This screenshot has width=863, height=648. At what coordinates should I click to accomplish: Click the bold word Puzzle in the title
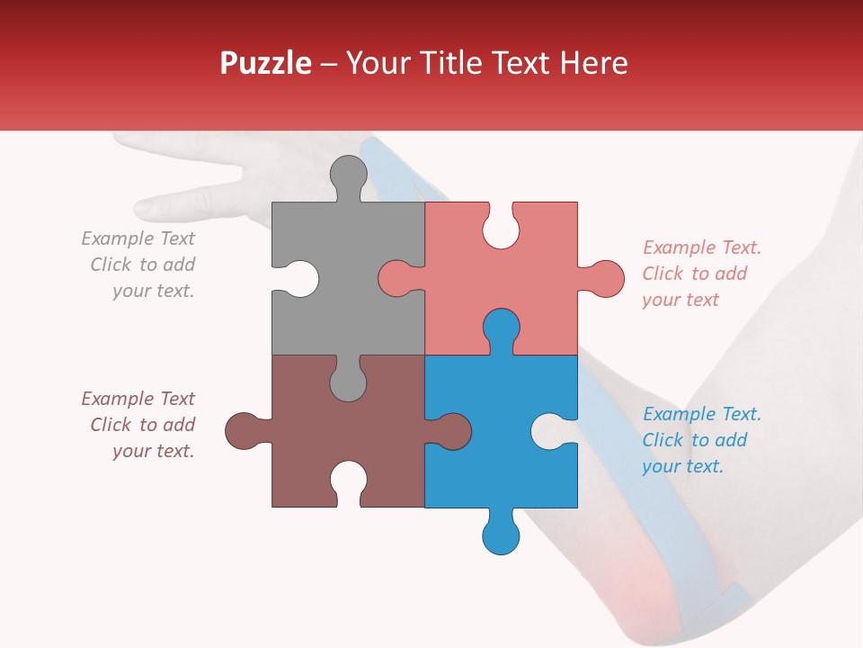[x=266, y=63]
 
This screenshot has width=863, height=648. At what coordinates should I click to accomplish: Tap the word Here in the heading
[x=593, y=63]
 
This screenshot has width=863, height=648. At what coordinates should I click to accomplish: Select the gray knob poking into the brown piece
[x=348, y=382]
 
